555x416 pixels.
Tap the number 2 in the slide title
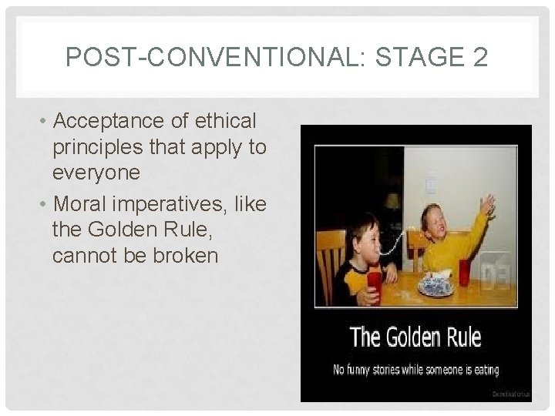477,57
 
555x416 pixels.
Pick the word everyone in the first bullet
96,173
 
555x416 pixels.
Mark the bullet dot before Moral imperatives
46,205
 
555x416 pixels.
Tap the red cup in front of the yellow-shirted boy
465,271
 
